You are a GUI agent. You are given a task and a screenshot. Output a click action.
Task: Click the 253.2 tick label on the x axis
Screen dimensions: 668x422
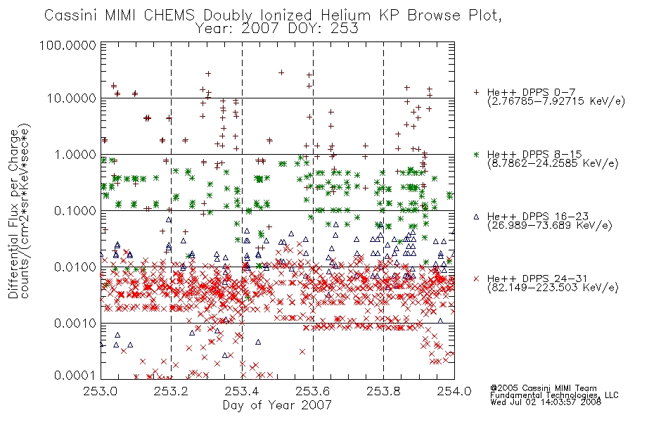tap(172, 391)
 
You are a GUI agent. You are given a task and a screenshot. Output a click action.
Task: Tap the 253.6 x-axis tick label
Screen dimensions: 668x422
tap(313, 391)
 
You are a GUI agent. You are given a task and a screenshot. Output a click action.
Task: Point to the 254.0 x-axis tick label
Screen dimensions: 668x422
tap(454, 391)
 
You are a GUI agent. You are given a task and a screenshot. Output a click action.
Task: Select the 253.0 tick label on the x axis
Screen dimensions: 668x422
tap(101, 391)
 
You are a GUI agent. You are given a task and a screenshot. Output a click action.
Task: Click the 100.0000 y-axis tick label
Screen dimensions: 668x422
tap(68, 45)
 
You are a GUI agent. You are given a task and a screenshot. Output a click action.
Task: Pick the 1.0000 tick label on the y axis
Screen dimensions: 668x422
tap(75, 154)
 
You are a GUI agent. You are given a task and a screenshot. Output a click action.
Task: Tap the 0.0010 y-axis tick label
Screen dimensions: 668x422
tap(75, 324)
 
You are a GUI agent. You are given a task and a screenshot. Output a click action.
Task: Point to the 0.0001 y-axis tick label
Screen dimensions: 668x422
tap(75, 376)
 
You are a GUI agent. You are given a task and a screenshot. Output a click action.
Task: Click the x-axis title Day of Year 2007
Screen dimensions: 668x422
tap(277, 405)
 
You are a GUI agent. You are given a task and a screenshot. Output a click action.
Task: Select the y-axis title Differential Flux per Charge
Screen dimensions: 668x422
tap(14, 214)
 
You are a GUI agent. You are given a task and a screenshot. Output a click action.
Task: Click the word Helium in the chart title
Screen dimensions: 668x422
tap(346, 15)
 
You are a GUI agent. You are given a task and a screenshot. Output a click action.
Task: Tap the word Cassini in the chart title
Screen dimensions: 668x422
tap(72, 15)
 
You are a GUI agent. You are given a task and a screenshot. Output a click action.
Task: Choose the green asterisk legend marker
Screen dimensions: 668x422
tap(476, 154)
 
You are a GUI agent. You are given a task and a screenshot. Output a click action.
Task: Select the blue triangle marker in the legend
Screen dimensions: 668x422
tap(476, 217)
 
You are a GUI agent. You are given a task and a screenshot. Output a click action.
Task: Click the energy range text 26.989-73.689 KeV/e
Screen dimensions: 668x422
tap(550, 226)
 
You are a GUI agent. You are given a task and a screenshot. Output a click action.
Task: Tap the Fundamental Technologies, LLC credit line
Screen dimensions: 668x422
tap(554, 395)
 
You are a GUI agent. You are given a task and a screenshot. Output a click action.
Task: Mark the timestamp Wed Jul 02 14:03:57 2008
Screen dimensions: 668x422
tap(546, 402)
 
